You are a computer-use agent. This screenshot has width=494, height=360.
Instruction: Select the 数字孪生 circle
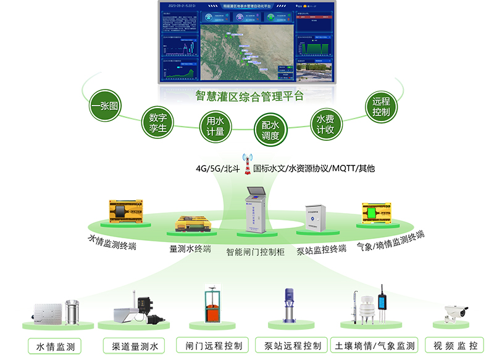pyautogui.click(x=158, y=122)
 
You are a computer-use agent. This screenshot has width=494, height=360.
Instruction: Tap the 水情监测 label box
pyautogui.click(x=56, y=346)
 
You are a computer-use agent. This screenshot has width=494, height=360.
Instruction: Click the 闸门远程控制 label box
pyautogui.click(x=213, y=345)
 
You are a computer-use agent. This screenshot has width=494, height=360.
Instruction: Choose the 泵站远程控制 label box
pyautogui.click(x=292, y=345)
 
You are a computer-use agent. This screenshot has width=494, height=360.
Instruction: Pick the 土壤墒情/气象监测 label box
pyautogui.click(x=375, y=345)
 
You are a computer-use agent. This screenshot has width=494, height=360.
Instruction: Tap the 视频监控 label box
pyautogui.click(x=456, y=345)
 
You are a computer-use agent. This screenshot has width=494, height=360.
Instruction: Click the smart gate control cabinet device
pyautogui.click(x=256, y=210)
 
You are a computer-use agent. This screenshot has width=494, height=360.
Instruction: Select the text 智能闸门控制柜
pyautogui.click(x=255, y=252)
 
